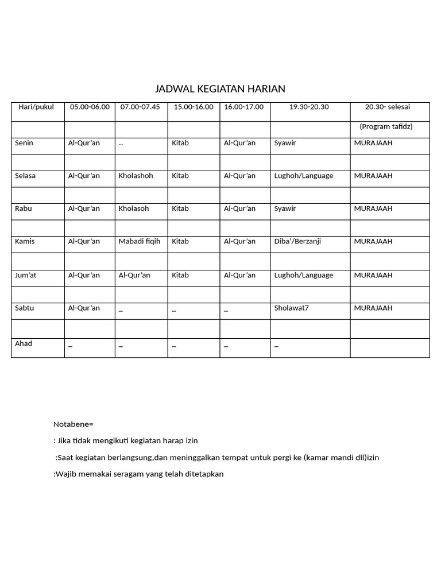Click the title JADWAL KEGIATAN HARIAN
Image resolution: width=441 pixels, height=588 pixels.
pos(220,89)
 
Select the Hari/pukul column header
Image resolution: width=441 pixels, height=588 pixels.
pos(36,107)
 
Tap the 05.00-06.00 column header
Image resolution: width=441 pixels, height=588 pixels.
pos(90,107)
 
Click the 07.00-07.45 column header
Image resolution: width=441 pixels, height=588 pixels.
pos(140,107)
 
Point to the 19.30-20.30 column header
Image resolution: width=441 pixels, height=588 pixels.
pos(309,107)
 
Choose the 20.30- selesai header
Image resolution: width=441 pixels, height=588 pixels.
pos(388,107)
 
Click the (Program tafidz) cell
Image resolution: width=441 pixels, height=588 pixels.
pos(386,126)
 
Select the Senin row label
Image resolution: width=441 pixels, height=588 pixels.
pos(24,143)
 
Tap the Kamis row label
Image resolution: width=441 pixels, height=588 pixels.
pos(25,241)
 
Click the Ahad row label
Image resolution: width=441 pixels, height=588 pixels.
pos(24,343)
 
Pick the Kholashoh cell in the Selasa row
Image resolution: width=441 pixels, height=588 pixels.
pos(136,176)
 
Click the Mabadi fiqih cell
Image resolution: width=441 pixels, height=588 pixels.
pos(140,241)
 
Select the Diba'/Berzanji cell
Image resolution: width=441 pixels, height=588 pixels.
pos(297,241)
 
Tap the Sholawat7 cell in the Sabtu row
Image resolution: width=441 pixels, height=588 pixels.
pos(291,308)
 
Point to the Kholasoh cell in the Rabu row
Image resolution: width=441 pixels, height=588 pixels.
pos(134,208)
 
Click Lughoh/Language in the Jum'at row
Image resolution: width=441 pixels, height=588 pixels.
pos(303,275)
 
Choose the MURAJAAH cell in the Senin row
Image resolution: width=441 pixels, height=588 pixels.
pos(373,143)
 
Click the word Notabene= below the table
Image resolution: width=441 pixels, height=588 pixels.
pos(73,424)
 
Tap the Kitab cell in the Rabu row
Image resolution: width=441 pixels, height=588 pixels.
pos(180,208)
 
